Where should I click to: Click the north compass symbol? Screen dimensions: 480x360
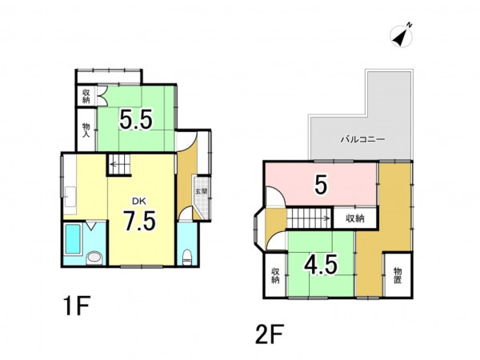coord(402,36)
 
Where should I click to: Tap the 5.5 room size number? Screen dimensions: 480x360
coord(136,120)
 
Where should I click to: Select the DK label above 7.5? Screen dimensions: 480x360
coord(139,201)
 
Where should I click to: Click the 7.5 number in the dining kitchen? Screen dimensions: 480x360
coord(139,221)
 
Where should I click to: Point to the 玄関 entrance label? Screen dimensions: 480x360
coord(202,192)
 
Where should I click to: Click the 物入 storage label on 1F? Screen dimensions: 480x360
coord(86,130)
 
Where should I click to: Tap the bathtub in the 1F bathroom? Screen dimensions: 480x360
coord(73,238)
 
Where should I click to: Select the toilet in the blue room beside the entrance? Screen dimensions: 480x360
coord(186,257)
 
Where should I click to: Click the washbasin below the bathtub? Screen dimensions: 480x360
coord(94,258)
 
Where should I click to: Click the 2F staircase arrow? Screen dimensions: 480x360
coord(325,218)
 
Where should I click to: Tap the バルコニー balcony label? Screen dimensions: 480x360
coord(362,140)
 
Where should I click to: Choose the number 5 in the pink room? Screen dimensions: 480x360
coord(321,185)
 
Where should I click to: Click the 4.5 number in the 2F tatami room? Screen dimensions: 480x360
coord(321,264)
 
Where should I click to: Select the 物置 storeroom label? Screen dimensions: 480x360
coord(398,275)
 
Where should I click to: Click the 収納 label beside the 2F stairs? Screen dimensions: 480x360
coord(355,218)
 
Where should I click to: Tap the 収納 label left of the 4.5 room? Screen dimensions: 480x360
coord(275,275)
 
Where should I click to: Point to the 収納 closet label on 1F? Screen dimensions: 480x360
coord(86,96)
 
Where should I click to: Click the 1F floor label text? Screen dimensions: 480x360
coord(76,306)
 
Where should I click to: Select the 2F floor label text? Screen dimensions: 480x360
coord(270,334)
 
